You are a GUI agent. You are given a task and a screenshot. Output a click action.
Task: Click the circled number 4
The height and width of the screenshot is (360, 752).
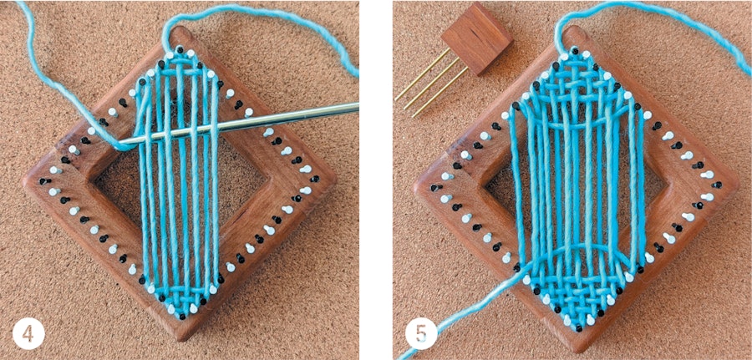tap(28, 335)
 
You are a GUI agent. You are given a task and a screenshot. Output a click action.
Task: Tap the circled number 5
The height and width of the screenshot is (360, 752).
tap(421, 335)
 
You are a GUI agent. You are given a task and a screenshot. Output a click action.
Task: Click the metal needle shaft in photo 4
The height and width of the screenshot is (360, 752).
tap(276, 118)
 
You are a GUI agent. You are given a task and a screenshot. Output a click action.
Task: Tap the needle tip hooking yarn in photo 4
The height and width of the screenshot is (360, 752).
tap(125, 143)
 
